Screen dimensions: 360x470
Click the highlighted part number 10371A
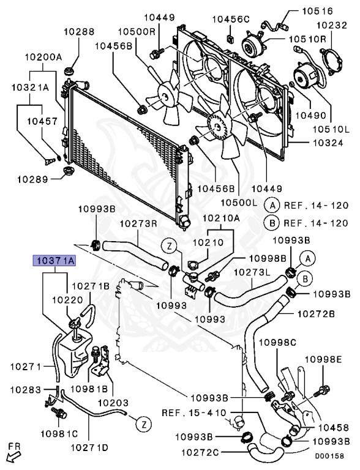pos(54,261)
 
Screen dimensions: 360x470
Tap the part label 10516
pos(318,11)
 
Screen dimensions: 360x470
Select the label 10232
pos(332,25)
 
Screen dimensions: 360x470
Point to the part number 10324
pos(328,143)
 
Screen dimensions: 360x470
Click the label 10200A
pos(43,57)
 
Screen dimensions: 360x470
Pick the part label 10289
pos(32,179)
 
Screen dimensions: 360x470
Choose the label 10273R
pos(139,224)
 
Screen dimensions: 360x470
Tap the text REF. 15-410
pos(194,412)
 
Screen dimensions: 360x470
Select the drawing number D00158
pos(329,456)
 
